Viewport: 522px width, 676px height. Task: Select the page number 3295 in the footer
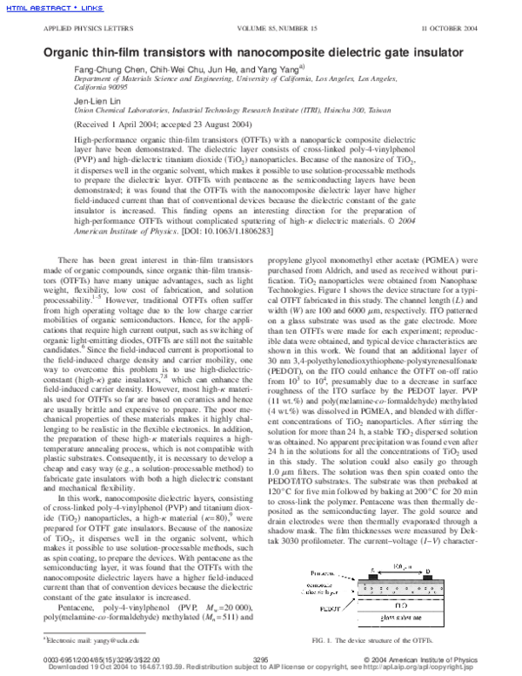pyautogui.click(x=260, y=662)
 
